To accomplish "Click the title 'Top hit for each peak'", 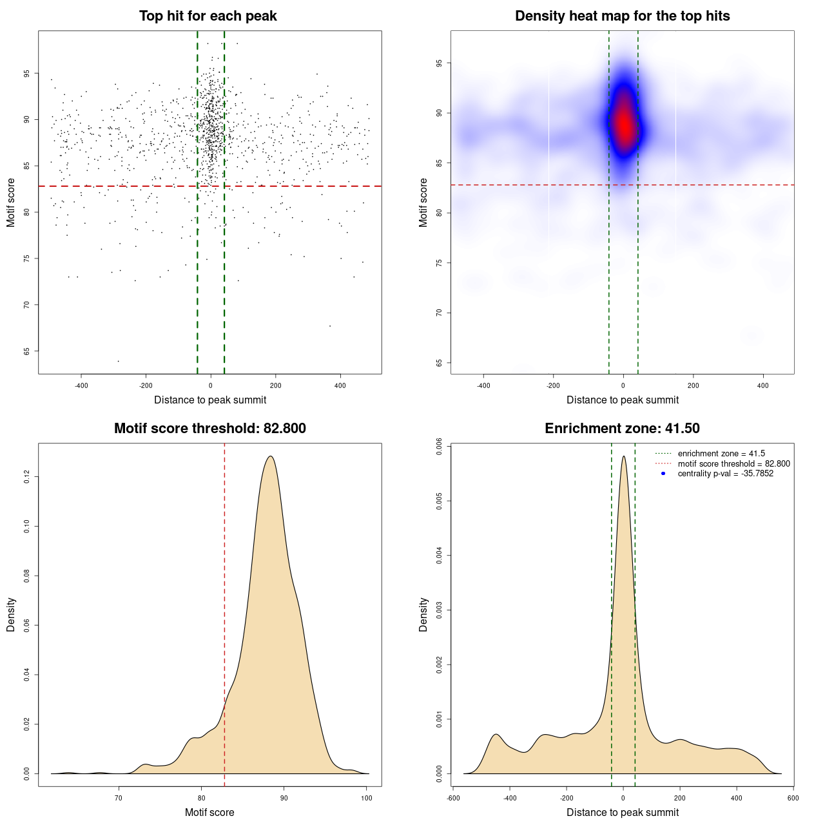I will pos(208,16).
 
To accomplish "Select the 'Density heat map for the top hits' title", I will pos(622,16).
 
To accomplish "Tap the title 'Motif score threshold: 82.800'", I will pos(209,429).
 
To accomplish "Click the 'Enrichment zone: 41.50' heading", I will pos(622,429).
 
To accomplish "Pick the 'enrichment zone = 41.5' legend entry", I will pos(721,454).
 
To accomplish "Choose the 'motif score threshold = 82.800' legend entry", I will pos(733,463).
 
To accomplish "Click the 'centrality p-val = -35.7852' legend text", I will pos(725,474).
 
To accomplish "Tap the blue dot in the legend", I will pos(663,474).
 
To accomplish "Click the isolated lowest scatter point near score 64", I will pos(118,361).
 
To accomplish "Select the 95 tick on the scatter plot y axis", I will pos(27,73).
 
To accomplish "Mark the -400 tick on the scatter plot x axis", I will pos(81,385).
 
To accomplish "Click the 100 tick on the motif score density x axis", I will pos(367,798).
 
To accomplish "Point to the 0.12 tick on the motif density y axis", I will pos(27,476).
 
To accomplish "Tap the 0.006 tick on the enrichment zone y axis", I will pos(440,447).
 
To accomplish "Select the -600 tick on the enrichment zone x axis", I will pos(453,798).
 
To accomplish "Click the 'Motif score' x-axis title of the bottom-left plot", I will pos(209,812).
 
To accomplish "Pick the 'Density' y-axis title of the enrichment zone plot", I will pos(423,614).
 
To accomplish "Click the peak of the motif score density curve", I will pos(271,456).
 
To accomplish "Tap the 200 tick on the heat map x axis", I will pos(693,385).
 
